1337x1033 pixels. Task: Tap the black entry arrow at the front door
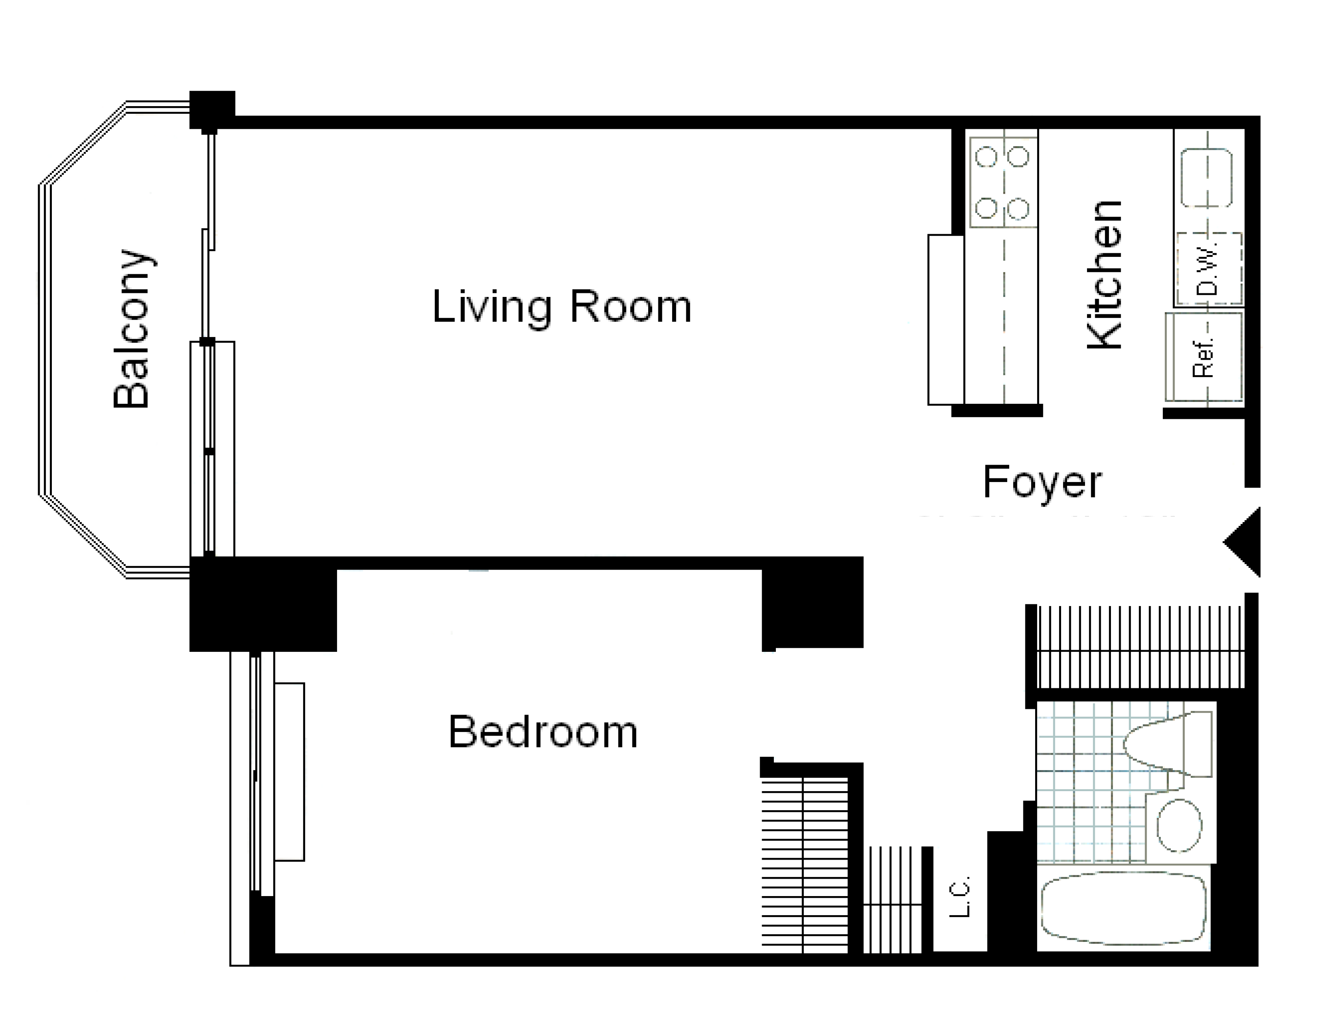(1242, 542)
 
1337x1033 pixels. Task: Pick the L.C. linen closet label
(959, 897)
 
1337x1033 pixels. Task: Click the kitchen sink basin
(1207, 177)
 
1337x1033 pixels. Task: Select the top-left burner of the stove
(986, 157)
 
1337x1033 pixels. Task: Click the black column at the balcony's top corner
(212, 110)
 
